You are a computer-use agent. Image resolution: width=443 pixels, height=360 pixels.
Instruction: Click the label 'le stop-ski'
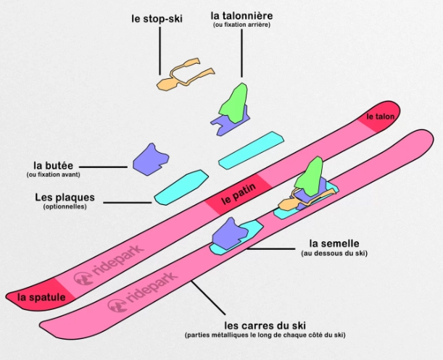tap(157, 20)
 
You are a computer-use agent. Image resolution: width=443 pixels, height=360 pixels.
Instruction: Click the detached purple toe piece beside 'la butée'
tap(151, 159)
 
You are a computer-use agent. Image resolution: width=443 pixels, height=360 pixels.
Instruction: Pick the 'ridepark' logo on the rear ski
tap(109, 265)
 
